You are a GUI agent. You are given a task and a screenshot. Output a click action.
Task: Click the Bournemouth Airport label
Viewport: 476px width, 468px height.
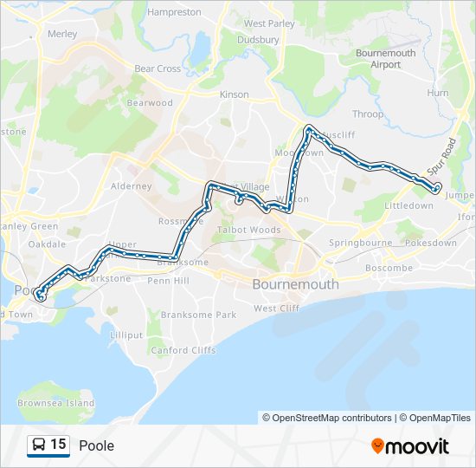pyautogui.click(x=385, y=59)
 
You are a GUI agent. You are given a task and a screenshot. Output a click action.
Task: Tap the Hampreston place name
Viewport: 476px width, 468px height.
pyautogui.click(x=174, y=12)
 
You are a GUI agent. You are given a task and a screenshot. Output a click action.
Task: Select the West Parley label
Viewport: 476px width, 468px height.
pyautogui.click(x=268, y=23)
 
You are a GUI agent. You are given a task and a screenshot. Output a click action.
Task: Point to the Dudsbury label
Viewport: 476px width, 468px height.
pyautogui.click(x=258, y=40)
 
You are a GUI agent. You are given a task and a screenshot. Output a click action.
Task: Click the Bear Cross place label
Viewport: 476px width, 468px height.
pyautogui.click(x=158, y=68)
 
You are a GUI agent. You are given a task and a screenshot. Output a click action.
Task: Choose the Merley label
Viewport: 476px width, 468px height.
pyautogui.click(x=62, y=35)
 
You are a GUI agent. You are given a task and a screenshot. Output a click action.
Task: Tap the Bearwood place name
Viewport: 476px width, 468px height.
pyautogui.click(x=150, y=102)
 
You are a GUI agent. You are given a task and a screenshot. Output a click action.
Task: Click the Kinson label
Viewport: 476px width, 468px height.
pyautogui.click(x=235, y=94)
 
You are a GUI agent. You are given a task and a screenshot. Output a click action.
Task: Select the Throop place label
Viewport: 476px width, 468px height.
pyautogui.click(x=368, y=114)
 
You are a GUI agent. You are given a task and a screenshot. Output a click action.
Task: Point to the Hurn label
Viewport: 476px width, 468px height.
pyautogui.click(x=438, y=93)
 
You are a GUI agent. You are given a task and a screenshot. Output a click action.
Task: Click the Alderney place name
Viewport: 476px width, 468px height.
pyautogui.click(x=132, y=185)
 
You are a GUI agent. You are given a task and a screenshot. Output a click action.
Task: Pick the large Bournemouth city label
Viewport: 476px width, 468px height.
pyautogui.click(x=293, y=283)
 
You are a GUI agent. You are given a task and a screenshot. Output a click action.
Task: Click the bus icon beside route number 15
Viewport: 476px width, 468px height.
pyautogui.click(x=39, y=445)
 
